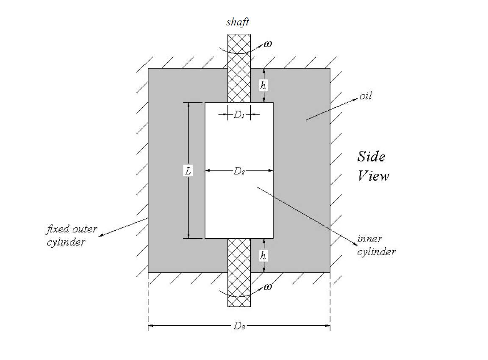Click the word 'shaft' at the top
pos(237,22)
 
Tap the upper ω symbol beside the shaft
pos(267,44)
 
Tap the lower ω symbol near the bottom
pos(267,287)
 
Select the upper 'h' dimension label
pos(263,85)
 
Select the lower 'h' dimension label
pos(263,256)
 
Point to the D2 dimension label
pos(239,171)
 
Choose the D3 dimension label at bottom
pos(239,326)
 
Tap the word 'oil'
pos(365,96)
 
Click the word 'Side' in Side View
pos(371,156)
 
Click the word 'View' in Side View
pos(373,176)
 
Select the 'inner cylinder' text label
pos(376,246)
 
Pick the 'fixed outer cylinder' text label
pos(71,236)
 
